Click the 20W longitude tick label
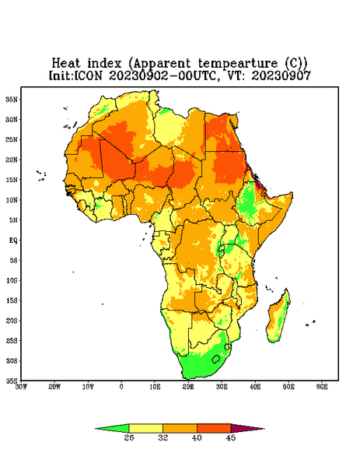(54, 387)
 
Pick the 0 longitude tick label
(121, 387)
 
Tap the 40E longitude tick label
(255, 387)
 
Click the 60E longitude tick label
(322, 387)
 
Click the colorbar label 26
(129, 437)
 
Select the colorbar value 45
(231, 437)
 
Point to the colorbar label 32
(163, 437)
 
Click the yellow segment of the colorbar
(145, 428)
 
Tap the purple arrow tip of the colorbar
(264, 429)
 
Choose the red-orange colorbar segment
(214, 428)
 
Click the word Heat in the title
(66, 64)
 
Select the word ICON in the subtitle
(88, 75)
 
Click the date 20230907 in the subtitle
(281, 75)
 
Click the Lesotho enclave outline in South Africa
(216, 359)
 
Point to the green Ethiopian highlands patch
(248, 202)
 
